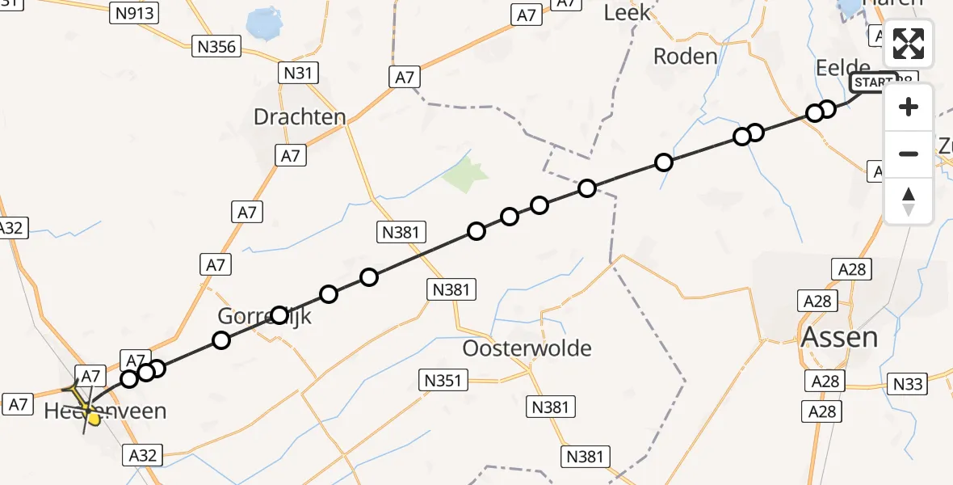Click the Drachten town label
[300, 116]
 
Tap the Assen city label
[839, 336]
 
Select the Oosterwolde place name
[527, 348]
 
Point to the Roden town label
[685, 56]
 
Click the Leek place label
[627, 12]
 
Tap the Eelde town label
[843, 67]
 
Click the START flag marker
[873, 82]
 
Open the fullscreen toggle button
[909, 44]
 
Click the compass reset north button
[909, 201]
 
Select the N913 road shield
[135, 12]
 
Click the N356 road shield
[217, 47]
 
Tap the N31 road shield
[297, 74]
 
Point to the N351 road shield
[443, 378]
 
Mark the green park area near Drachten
[467, 172]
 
